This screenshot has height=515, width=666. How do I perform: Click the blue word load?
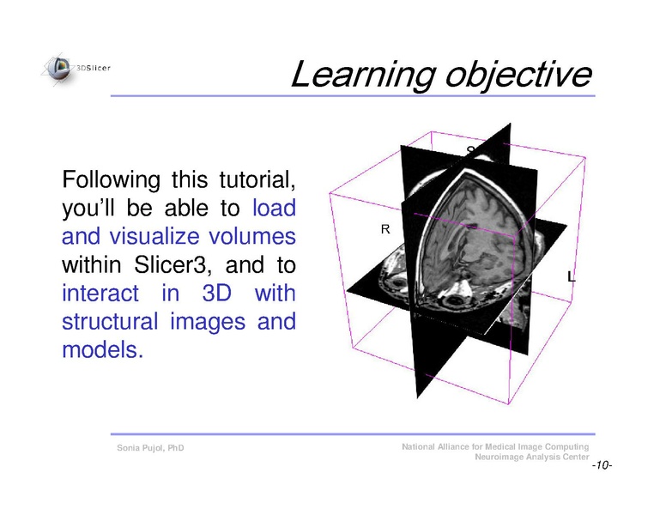coord(275,209)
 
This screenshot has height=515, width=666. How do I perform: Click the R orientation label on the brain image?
coord(385,230)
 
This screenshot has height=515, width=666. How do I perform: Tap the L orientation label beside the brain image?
coord(572,276)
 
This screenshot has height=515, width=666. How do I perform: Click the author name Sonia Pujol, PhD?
coord(150,448)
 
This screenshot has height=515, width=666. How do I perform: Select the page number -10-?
coord(601,465)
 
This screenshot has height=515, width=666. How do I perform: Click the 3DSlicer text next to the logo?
coord(94,67)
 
